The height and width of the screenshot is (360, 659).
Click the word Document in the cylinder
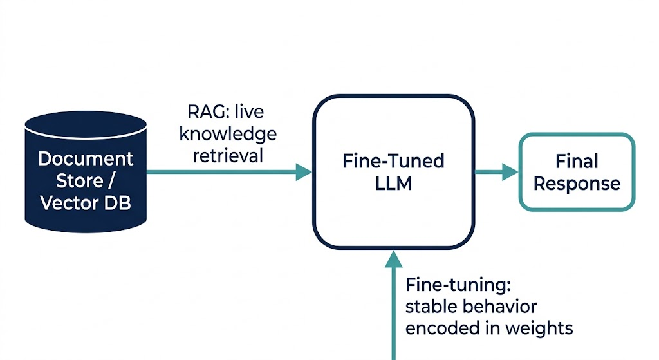pyautogui.click(x=86, y=158)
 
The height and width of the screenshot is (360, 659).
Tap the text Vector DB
pyautogui.click(x=86, y=202)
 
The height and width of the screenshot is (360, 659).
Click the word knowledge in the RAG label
pyautogui.click(x=228, y=133)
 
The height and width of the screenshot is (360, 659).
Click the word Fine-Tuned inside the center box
pyautogui.click(x=393, y=160)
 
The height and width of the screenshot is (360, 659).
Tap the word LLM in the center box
pyautogui.click(x=393, y=184)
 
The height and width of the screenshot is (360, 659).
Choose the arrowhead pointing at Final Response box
pyautogui.click(x=510, y=171)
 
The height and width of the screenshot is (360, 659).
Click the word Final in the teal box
pyautogui.click(x=577, y=161)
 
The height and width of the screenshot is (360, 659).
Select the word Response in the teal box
pyautogui.click(x=577, y=184)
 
